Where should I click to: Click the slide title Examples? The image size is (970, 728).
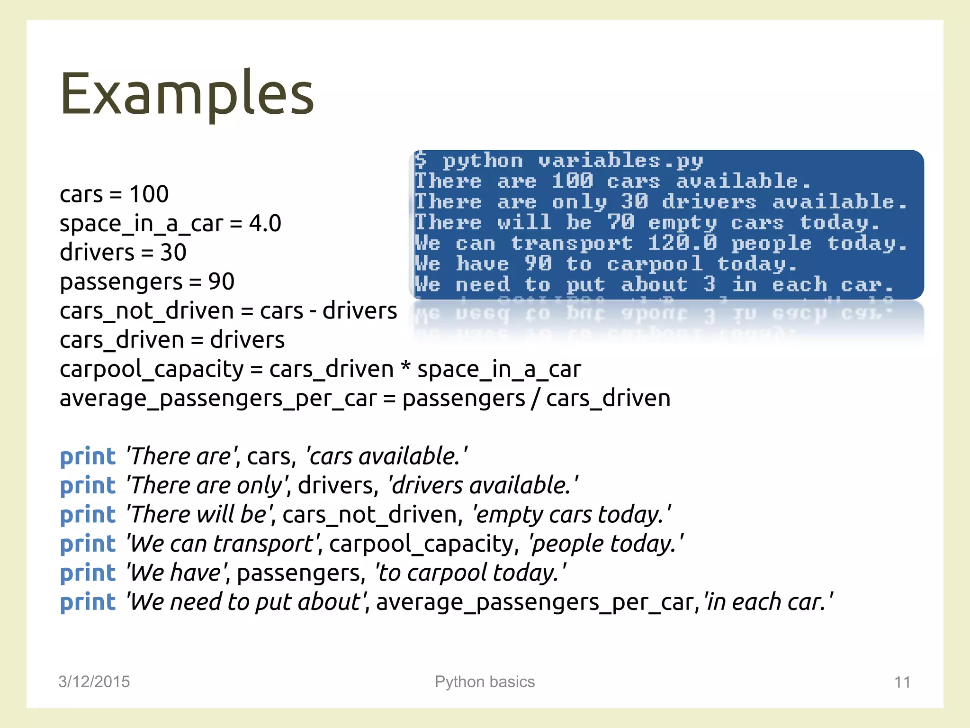[x=187, y=93]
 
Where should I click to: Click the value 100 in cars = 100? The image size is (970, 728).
[x=149, y=194]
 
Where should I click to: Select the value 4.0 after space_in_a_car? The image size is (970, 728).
[x=265, y=223]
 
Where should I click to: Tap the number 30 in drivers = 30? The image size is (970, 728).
[x=173, y=252]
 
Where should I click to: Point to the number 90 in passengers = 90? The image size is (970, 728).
[x=221, y=282]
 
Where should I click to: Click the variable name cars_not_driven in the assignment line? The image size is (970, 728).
[x=146, y=311]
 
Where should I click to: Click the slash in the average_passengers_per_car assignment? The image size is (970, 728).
[x=535, y=399]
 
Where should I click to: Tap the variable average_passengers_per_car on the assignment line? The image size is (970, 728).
[x=218, y=399]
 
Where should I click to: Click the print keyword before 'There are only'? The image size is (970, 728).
[x=88, y=486]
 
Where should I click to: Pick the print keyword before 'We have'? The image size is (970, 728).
[x=88, y=573]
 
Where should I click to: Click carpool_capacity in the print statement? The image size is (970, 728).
[x=421, y=544]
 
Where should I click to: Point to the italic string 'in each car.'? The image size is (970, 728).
[x=768, y=602]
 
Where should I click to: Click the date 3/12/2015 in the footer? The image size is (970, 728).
[x=94, y=682]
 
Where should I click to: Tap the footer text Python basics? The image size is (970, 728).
[x=485, y=682]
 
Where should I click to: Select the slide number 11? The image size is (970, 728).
[x=902, y=682]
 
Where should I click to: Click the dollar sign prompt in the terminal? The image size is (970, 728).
[x=420, y=160]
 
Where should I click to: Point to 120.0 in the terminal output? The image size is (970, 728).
[x=682, y=243]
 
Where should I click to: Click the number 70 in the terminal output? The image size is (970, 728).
[x=620, y=222]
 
